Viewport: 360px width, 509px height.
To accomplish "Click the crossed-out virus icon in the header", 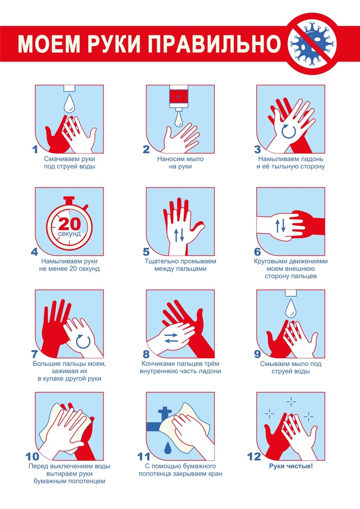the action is pos(312,43).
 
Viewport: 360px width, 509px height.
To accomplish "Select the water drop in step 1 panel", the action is pos(69,103).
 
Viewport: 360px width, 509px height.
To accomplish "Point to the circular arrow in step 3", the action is pos(288,131).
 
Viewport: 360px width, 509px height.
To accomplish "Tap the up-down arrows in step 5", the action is pos(179,235).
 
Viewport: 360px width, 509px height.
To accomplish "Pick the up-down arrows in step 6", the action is pos(280,226).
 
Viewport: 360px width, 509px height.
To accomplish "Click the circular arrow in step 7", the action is pos(83,342).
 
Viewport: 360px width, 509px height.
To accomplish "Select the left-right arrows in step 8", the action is pos(171,337).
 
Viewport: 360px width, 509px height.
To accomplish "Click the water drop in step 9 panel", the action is pos(291,308).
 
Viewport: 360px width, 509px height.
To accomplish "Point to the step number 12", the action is pos(254,457).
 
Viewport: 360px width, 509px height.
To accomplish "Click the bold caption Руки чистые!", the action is pos(291,467).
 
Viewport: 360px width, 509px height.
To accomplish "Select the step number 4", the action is pos(34,252).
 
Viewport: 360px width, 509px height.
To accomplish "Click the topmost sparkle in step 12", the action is pos(291,402).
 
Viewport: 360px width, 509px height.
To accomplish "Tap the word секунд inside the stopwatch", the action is pos(69,234).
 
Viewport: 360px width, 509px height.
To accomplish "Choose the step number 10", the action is pos(32,457).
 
